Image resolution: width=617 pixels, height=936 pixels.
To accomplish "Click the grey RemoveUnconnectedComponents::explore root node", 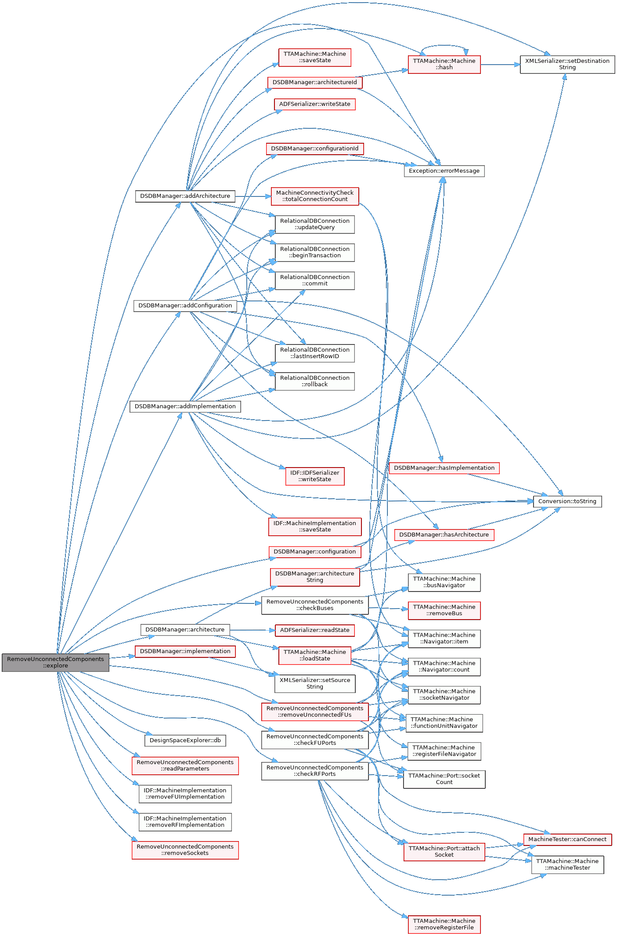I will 55,662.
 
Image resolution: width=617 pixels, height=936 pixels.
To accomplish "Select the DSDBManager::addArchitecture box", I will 185,196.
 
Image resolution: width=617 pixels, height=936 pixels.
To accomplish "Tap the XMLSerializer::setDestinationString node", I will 567,64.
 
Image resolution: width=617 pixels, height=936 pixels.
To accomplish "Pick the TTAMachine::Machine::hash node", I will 444,64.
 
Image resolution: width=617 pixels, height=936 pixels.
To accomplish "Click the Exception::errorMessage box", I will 444,171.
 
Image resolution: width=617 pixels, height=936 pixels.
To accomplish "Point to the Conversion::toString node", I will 567,501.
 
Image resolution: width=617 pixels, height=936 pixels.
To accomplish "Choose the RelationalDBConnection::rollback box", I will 314,381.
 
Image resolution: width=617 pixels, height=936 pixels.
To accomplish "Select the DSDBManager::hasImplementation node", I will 444,468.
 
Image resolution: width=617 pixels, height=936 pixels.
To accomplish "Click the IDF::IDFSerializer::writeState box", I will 314,476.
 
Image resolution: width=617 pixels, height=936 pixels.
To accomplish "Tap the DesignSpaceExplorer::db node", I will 185,740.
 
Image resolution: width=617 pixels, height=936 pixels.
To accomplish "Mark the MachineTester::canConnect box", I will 567,839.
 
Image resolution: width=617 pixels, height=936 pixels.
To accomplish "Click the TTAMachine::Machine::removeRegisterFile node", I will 444,924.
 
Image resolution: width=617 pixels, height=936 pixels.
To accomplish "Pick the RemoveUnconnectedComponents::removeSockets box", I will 185,850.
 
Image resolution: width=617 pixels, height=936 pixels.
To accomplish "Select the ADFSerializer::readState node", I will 314,630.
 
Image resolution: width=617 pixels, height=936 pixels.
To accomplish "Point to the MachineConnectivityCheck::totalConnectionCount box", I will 314,196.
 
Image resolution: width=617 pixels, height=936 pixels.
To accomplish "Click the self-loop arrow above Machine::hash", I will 444,45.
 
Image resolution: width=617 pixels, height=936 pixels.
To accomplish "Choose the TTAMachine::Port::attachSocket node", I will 444,852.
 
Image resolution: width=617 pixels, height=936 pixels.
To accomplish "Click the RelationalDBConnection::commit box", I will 314,280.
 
